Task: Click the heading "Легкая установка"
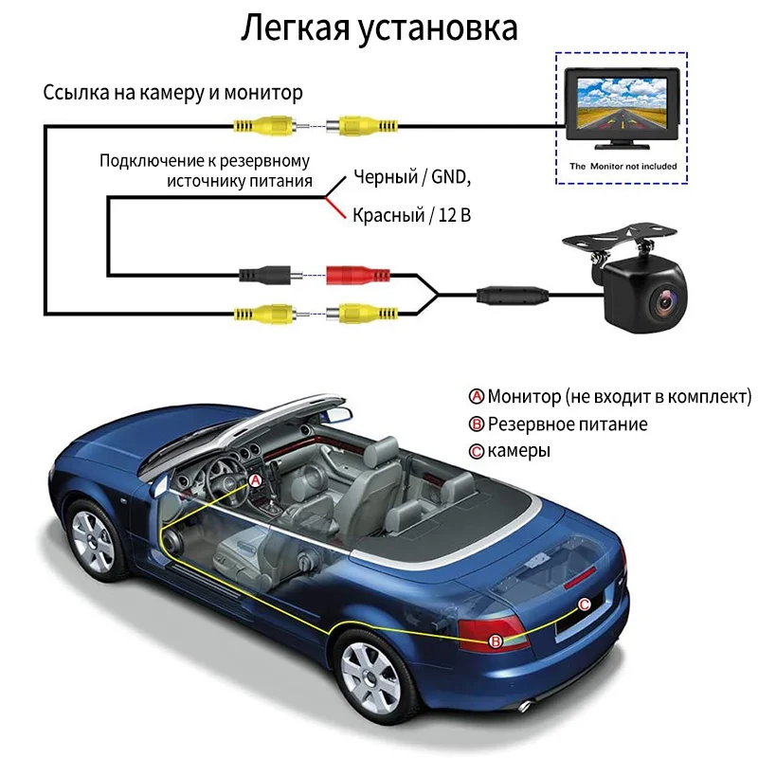click(379, 28)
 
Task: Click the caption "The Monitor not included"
click(623, 166)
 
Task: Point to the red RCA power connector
click(358, 277)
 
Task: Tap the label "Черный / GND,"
click(411, 177)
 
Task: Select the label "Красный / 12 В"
click(411, 215)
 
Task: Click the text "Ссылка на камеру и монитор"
click(173, 93)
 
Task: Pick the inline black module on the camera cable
click(513, 295)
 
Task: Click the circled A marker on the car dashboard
click(254, 480)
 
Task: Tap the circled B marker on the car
click(495, 641)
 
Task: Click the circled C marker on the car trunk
click(584, 604)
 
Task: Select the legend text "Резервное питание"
click(567, 424)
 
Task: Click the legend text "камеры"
click(518, 451)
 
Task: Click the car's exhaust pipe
click(525, 705)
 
